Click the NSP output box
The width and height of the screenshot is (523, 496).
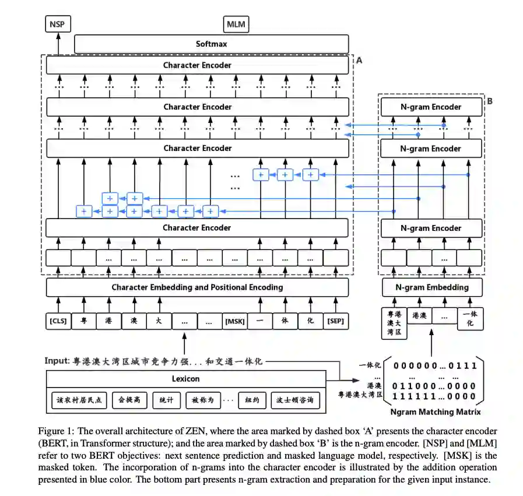pyautogui.click(x=57, y=24)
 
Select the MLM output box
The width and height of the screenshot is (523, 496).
pyautogui.click(x=236, y=24)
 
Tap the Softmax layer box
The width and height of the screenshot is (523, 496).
pyautogui.click(x=211, y=44)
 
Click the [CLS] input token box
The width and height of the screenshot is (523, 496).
pyautogui.click(x=58, y=321)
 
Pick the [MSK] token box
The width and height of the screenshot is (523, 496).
pyautogui.click(x=235, y=321)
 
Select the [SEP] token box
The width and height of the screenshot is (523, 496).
pyautogui.click(x=335, y=321)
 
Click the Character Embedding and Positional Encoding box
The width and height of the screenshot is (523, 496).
pyautogui.click(x=197, y=287)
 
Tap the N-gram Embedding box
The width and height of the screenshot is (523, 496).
pyautogui.click(x=431, y=287)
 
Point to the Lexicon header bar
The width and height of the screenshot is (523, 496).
pyautogui.click(x=185, y=379)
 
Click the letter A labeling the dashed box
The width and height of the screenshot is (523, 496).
pyautogui.click(x=359, y=60)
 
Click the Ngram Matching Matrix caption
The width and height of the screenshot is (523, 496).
pyautogui.click(x=436, y=412)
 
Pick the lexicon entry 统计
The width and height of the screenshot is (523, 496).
pyautogui.click(x=167, y=400)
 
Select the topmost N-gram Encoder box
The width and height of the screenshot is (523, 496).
pyautogui.click(x=430, y=107)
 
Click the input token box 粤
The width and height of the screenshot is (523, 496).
pyautogui.click(x=83, y=321)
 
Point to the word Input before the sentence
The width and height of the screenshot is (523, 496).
pyautogui.click(x=57, y=360)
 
